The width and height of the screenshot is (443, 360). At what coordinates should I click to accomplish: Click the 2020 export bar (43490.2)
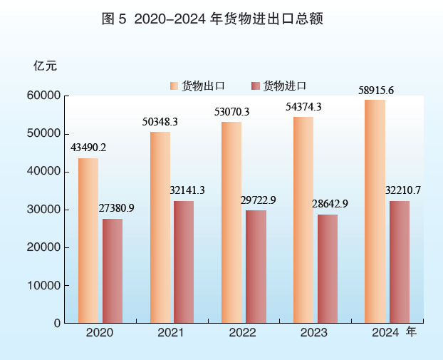[x=88, y=240]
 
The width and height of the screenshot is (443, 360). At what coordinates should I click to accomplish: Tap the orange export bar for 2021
[x=160, y=227]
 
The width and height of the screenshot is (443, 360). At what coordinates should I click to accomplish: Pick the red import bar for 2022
[x=256, y=267]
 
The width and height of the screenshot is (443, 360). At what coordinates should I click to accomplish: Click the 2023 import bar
[x=328, y=269]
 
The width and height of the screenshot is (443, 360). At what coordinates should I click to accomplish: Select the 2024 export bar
[x=375, y=211]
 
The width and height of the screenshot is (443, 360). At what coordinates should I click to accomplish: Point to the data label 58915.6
[x=376, y=90]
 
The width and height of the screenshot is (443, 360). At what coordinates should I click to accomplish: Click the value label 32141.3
[x=187, y=190]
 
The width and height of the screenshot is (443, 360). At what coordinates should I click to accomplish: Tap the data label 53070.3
[x=231, y=111]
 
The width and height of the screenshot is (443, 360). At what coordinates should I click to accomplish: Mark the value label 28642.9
[x=330, y=204]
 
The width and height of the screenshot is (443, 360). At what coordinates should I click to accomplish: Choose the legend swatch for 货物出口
[x=174, y=86]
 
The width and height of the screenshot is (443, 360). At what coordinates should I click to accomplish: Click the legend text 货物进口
[x=284, y=86]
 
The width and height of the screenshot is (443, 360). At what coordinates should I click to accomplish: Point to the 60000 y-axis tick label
[x=44, y=96]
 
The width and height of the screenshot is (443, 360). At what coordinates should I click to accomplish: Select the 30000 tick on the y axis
[x=44, y=210]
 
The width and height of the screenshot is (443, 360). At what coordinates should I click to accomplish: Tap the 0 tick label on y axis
[x=56, y=323]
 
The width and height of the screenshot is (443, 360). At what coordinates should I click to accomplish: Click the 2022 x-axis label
[x=242, y=334]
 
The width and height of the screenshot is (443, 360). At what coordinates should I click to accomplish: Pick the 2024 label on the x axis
[x=385, y=334]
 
